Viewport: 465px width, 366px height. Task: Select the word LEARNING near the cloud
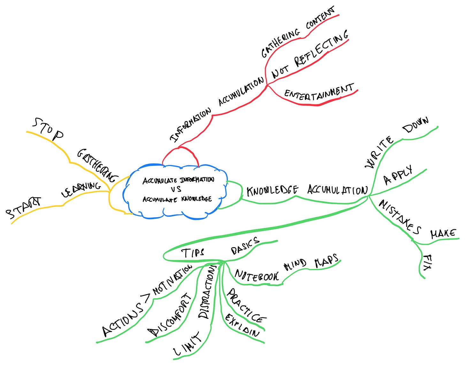click(81, 189)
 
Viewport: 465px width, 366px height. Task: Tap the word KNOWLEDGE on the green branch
click(272, 190)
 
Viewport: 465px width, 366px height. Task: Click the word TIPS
click(193, 253)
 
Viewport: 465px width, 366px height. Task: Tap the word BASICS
click(245, 246)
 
